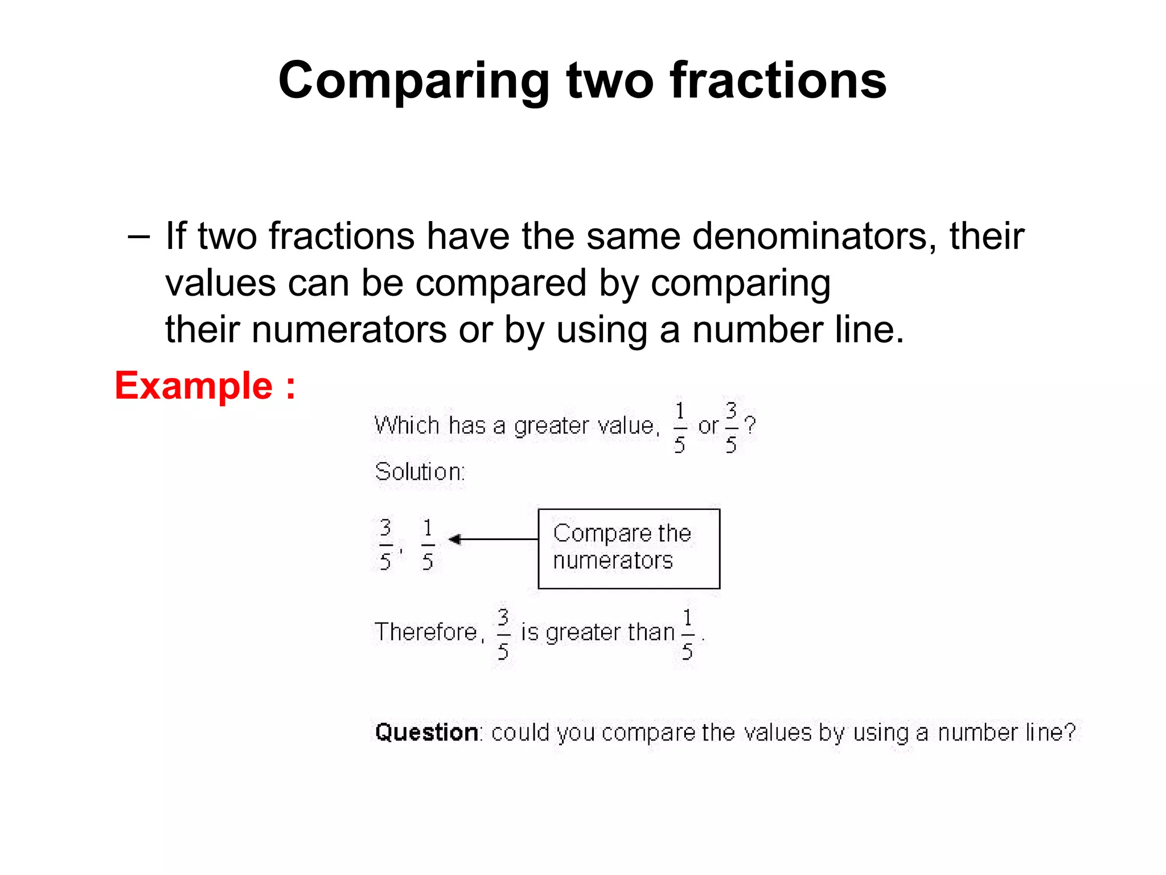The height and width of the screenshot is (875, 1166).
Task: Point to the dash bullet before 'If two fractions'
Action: (x=139, y=236)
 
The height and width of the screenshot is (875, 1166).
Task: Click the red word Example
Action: (x=194, y=386)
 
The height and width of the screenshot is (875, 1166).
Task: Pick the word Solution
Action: (x=420, y=472)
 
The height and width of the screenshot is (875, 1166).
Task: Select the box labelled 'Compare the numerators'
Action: (x=629, y=548)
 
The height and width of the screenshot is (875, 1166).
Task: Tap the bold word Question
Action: (x=426, y=733)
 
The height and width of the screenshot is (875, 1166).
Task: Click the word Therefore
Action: (x=426, y=632)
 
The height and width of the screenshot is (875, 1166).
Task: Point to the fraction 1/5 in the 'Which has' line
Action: (x=679, y=427)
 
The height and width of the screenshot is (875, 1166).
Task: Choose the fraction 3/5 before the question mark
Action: (x=731, y=427)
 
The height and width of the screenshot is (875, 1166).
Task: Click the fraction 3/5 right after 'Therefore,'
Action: (x=503, y=633)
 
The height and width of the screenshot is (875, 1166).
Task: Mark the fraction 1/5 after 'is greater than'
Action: (x=687, y=633)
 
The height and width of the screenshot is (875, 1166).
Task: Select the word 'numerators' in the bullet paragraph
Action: (x=349, y=330)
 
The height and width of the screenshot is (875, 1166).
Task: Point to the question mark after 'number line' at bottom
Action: (x=1070, y=731)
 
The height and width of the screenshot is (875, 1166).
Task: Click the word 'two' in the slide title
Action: (x=610, y=81)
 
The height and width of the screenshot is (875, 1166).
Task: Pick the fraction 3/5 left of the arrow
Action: (x=385, y=544)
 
